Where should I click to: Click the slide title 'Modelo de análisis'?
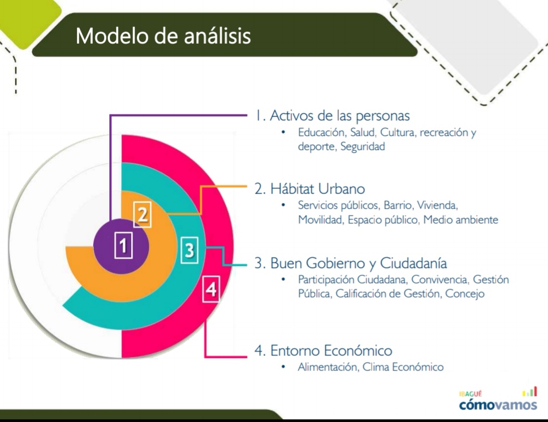click(163, 36)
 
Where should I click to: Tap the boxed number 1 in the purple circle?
click(123, 245)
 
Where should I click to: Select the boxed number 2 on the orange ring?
click(143, 214)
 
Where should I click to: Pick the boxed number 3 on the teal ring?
click(189, 250)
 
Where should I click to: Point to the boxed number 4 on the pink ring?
click(211, 289)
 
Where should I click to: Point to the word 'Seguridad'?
click(362, 146)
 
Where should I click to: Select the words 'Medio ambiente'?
click(461, 220)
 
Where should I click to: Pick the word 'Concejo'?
click(465, 294)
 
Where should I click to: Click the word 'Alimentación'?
click(327, 367)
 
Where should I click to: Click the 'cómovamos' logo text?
click(498, 405)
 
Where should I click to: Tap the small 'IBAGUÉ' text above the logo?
click(470, 394)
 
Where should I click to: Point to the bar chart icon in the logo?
click(529, 391)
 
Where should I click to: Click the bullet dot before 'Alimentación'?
click(284, 367)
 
